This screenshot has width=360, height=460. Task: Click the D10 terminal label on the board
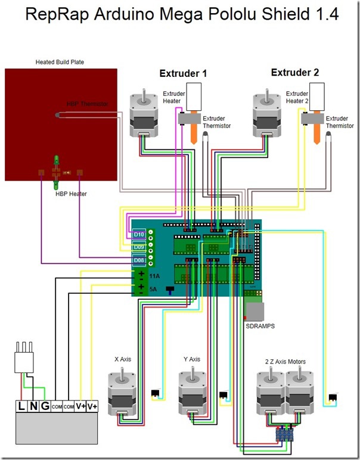[x=139, y=235]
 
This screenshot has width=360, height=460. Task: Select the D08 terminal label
[x=139, y=260]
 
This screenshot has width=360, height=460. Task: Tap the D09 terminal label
[x=139, y=247]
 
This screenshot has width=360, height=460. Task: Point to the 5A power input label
[x=154, y=290]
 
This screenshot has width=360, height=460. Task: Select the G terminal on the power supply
[x=45, y=406]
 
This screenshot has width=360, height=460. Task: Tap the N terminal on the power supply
[x=33, y=406]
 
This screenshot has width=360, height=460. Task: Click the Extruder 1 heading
[x=183, y=74]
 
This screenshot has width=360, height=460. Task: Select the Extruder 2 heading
[x=295, y=73]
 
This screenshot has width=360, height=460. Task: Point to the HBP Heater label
[x=71, y=194]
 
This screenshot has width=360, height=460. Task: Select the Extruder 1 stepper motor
[x=145, y=113]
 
